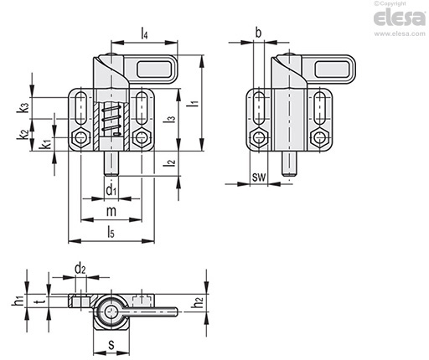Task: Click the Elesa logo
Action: click(x=399, y=18)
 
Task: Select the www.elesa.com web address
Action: click(x=400, y=33)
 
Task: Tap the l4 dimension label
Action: click(x=144, y=33)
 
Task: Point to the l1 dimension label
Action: click(x=194, y=103)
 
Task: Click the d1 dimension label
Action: click(x=111, y=191)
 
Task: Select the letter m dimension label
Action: click(x=111, y=211)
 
